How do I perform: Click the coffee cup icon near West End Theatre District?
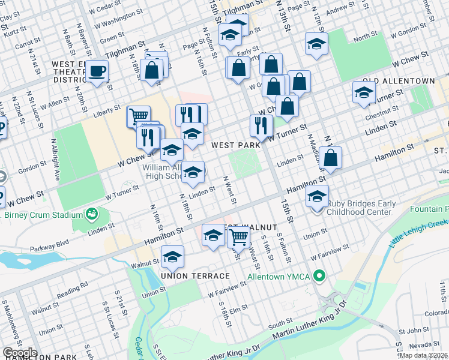(x=97, y=71)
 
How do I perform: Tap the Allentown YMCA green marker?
(x=320, y=277)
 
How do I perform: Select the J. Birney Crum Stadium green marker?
(x=92, y=214)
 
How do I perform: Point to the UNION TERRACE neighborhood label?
(x=195, y=275)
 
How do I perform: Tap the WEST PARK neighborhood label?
(x=235, y=145)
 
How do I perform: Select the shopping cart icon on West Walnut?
(x=239, y=236)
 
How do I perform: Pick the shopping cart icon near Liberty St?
(x=139, y=115)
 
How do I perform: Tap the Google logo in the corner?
(x=19, y=353)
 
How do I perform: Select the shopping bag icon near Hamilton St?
(x=330, y=158)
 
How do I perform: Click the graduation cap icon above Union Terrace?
(x=172, y=257)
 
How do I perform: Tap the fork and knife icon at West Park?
(x=261, y=125)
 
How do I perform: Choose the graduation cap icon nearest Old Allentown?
(x=364, y=92)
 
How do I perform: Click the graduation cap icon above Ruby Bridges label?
(x=317, y=196)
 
